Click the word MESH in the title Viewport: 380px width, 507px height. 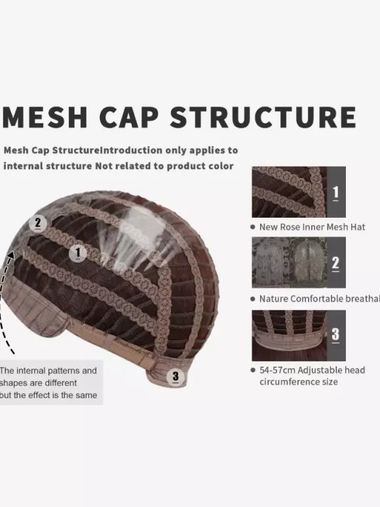(x=45, y=117)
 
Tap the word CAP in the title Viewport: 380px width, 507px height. (x=129, y=117)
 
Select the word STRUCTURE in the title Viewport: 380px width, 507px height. (x=263, y=117)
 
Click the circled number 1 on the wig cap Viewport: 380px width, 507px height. (x=78, y=253)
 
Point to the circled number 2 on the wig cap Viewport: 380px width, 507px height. (x=38, y=223)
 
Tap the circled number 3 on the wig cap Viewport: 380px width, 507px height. (x=176, y=376)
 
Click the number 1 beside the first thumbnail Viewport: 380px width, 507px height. (x=335, y=193)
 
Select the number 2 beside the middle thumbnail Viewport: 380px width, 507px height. (x=335, y=263)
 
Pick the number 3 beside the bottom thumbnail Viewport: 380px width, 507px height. (x=335, y=335)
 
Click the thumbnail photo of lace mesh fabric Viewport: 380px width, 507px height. (x=290, y=262)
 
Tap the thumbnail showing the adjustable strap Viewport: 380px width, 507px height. (x=290, y=336)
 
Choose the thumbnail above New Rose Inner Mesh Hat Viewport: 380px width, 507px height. (x=290, y=192)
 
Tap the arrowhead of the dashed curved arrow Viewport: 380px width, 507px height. (x=11, y=255)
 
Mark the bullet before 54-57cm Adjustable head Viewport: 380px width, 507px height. (x=253, y=370)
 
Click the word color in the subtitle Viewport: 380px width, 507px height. (x=222, y=166)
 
